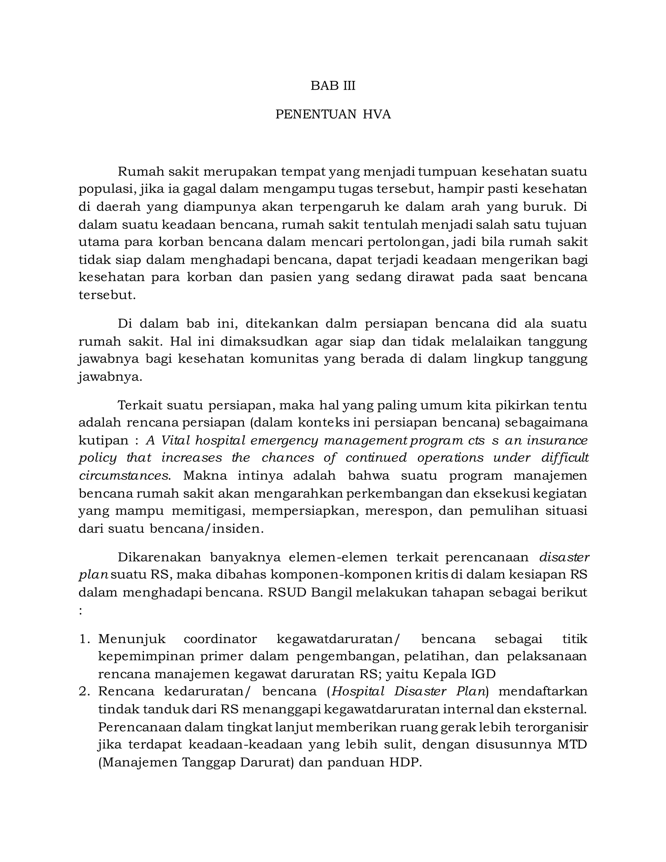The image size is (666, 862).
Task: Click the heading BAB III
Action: coord(333,86)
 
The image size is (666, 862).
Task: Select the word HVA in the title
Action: coord(377,114)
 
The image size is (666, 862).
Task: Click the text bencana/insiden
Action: coord(206,529)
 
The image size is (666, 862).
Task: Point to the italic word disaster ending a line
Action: coord(564,557)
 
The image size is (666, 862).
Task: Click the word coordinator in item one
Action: coord(220,639)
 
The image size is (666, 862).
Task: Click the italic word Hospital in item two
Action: coord(358,692)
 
